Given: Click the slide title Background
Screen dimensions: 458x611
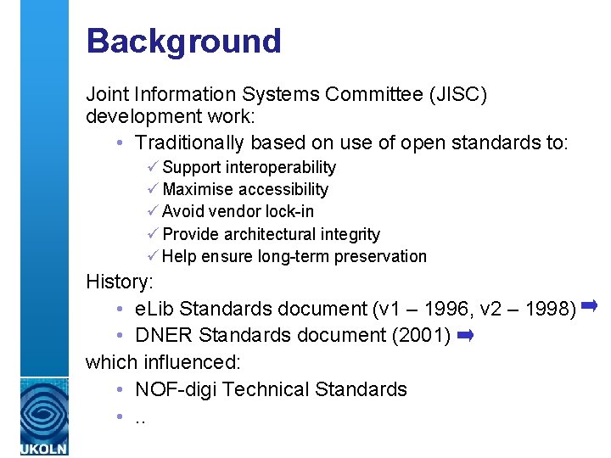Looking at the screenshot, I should coord(183,41).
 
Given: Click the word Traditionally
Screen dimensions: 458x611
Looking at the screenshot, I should coord(189,142).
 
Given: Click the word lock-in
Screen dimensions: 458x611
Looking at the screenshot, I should coord(289,212).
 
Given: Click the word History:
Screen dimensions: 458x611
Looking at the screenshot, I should coord(118,282).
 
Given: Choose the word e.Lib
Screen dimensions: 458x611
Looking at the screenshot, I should coord(154,308).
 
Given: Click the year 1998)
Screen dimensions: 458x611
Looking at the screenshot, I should coord(552,308).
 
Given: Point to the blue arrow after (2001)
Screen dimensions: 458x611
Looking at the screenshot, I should coord(464,336).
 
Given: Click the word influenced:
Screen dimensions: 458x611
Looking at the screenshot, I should coord(192,362).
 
